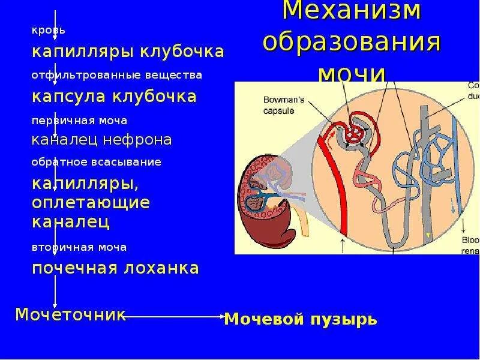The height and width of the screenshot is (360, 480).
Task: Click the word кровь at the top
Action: (x=49, y=30)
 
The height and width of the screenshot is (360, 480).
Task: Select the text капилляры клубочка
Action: (x=128, y=52)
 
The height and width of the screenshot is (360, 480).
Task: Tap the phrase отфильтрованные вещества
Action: (x=117, y=76)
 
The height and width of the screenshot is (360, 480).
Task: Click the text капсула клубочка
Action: (x=114, y=97)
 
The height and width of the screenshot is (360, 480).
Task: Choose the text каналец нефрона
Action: (x=102, y=140)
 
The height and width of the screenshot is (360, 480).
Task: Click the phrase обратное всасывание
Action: (x=97, y=162)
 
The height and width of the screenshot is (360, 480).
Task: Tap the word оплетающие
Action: (x=91, y=202)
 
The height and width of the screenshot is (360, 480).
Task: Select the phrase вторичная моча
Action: (x=79, y=247)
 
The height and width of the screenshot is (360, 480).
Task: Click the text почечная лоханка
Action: (x=115, y=268)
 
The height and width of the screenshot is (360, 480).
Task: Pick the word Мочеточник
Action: (x=70, y=314)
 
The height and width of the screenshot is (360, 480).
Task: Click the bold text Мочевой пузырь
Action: (x=300, y=319)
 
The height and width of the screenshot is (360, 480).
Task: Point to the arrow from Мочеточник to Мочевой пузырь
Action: (x=174, y=316)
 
